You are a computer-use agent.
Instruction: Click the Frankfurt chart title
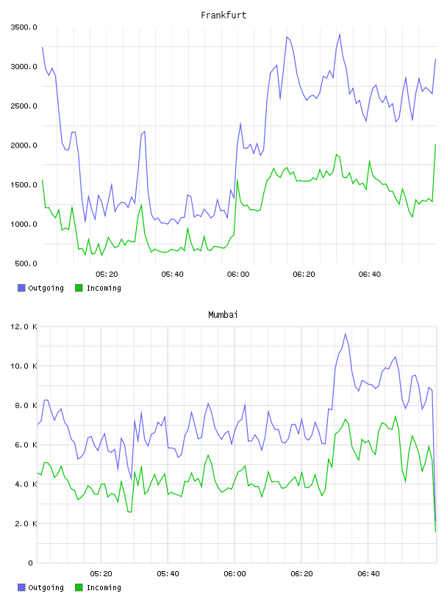(223, 15)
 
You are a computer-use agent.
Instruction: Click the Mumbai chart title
(223, 314)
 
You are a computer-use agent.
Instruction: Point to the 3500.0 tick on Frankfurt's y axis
(24, 27)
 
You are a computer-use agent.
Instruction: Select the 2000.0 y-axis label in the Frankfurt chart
(24, 145)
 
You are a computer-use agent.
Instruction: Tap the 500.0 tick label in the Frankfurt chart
(26, 264)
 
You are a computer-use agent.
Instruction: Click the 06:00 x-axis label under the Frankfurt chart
(238, 274)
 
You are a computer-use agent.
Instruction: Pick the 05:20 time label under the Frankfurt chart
(107, 274)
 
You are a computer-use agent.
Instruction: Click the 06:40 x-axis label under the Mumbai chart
(368, 573)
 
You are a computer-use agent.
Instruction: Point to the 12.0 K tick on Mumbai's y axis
(24, 327)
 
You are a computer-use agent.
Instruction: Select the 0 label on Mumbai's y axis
(30, 563)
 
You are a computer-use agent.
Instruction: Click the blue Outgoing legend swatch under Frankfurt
(21, 288)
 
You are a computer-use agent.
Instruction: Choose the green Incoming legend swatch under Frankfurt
(79, 288)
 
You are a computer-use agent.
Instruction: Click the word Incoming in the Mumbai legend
(104, 587)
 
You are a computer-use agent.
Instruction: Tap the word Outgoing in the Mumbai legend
(46, 587)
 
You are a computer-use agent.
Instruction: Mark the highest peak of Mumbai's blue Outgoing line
(346, 333)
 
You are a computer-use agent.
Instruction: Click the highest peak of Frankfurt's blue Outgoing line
(340, 35)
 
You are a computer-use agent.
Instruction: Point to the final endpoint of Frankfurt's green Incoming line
(435, 145)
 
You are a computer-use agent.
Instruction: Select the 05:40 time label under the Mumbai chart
(168, 573)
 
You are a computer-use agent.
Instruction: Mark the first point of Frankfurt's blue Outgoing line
(42, 47)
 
